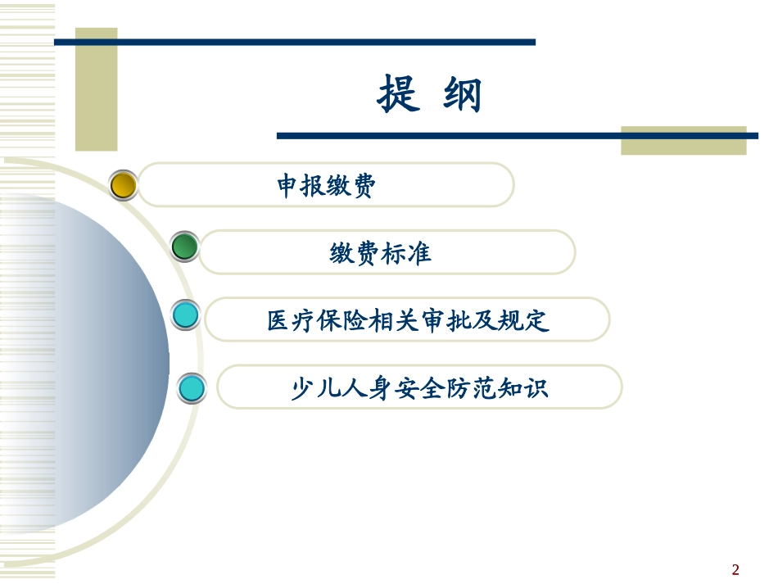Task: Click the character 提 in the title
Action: click(x=399, y=94)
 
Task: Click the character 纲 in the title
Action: click(x=462, y=94)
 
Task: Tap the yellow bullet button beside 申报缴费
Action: click(x=124, y=185)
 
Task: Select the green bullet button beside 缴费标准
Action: click(x=185, y=247)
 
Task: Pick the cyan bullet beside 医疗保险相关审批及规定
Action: click(x=186, y=315)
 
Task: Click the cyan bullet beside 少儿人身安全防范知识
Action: click(x=192, y=387)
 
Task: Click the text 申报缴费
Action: click(x=326, y=187)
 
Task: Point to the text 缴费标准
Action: click(x=380, y=254)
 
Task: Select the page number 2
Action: click(x=735, y=570)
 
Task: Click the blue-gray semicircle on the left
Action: click(x=90, y=360)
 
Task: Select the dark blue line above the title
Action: click(x=295, y=42)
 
